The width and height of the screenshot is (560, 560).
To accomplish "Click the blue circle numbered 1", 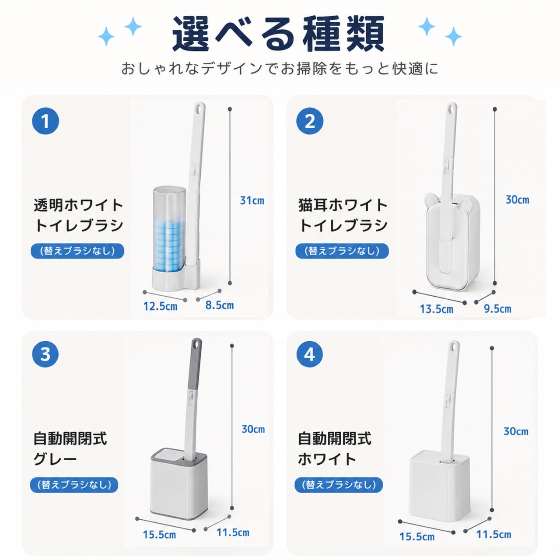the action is click(45, 121).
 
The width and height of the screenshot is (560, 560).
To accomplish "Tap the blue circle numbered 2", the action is click(310, 121).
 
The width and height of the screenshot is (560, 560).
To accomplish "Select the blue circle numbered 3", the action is click(45, 354).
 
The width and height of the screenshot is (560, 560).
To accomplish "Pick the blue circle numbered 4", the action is click(310, 354).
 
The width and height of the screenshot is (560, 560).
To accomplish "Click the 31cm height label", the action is click(252, 200).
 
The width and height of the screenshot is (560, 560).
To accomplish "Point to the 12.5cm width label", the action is click(160, 306).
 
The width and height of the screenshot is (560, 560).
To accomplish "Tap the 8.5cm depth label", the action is click(220, 305).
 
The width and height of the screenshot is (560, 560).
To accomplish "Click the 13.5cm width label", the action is click(437, 309).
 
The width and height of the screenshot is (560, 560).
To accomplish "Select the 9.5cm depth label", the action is click(497, 308).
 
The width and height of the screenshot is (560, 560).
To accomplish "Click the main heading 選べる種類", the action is click(279, 34).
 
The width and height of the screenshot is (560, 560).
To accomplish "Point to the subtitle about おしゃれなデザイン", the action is click(279, 69).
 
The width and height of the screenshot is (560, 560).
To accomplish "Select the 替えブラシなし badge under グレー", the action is click(74, 485).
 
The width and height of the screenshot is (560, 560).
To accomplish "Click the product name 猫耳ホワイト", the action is click(343, 205).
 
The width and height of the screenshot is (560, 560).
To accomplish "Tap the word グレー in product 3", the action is click(55, 459).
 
